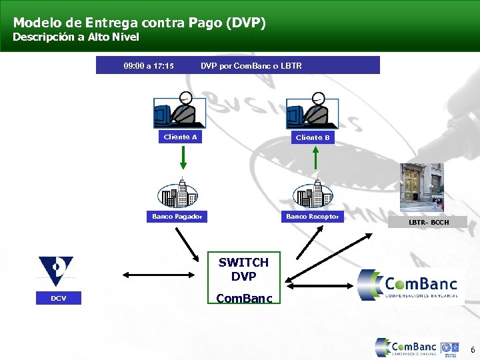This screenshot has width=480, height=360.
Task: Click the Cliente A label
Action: [181, 137]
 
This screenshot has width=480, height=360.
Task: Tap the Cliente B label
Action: [313, 137]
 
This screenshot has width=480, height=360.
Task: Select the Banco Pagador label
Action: [177, 216]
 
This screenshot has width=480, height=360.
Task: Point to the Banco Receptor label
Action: [313, 216]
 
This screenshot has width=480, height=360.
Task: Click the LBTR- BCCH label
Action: [429, 221]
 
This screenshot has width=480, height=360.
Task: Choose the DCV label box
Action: [59, 298]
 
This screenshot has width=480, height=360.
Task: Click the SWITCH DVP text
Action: [243, 269]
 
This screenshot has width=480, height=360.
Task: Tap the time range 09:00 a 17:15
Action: [149, 66]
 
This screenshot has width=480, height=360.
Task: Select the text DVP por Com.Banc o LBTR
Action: [251, 66]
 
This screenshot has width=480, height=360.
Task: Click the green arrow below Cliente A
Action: [183, 159]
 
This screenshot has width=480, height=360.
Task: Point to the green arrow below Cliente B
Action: [315, 159]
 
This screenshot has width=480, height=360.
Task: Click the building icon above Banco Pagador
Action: [177, 193]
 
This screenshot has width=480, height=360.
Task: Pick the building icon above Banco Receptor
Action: [313, 193]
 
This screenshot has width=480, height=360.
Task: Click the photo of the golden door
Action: [421, 188]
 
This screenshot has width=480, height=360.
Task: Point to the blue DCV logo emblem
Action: [56, 271]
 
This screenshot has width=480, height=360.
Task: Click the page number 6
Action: [473, 350]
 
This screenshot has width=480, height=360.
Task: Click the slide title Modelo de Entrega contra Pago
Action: [139, 23]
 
